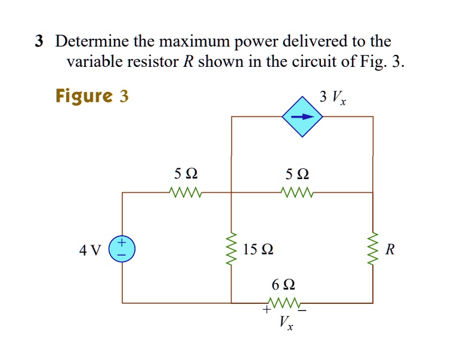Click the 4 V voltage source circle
tap(122, 248)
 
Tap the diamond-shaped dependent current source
tap(302, 117)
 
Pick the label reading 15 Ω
tap(258, 249)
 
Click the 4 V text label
tap(90, 250)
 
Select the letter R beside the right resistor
tap(390, 250)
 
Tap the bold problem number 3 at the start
tap(39, 42)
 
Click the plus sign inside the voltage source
tap(122, 242)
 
